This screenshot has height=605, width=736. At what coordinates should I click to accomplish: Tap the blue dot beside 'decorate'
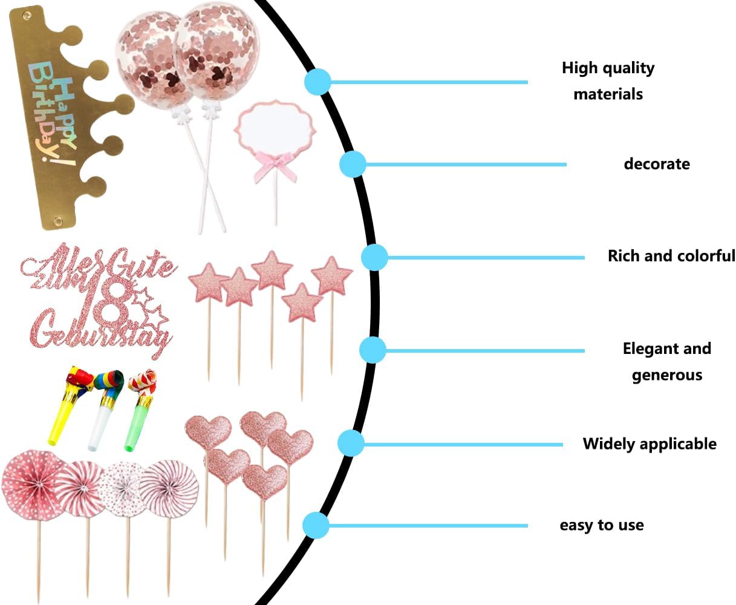(353, 164)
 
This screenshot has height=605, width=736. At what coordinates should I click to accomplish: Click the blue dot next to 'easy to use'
(315, 525)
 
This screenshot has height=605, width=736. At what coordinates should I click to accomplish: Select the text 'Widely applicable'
(650, 444)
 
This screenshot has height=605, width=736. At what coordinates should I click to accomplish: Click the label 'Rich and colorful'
(671, 256)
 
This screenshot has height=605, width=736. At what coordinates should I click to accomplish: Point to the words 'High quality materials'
(608, 80)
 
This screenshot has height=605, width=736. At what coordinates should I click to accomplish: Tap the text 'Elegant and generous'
(667, 361)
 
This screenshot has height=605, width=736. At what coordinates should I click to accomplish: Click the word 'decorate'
(657, 164)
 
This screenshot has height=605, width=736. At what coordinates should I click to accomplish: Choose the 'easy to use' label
(602, 525)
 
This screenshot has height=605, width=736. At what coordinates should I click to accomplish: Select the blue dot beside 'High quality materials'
(318, 82)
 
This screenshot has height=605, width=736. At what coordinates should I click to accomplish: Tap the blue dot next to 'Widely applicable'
(350, 443)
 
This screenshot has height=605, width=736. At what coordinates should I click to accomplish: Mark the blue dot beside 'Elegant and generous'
(373, 350)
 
